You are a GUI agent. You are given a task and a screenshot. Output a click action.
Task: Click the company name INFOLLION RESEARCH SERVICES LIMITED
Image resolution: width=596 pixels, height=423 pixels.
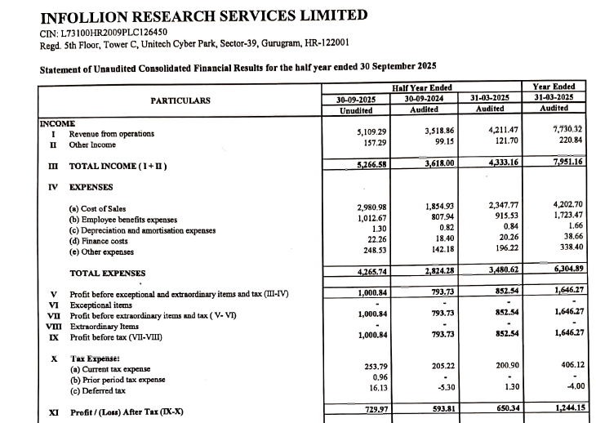(203, 16)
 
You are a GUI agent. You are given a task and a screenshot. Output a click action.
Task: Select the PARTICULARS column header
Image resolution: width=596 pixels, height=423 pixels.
(180, 101)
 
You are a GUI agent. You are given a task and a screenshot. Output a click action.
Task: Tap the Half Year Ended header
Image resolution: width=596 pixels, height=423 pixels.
(422, 87)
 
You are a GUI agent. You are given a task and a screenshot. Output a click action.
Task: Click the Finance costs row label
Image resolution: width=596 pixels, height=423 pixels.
(99, 242)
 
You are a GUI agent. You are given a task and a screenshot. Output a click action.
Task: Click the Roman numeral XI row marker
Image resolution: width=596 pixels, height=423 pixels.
(53, 413)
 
